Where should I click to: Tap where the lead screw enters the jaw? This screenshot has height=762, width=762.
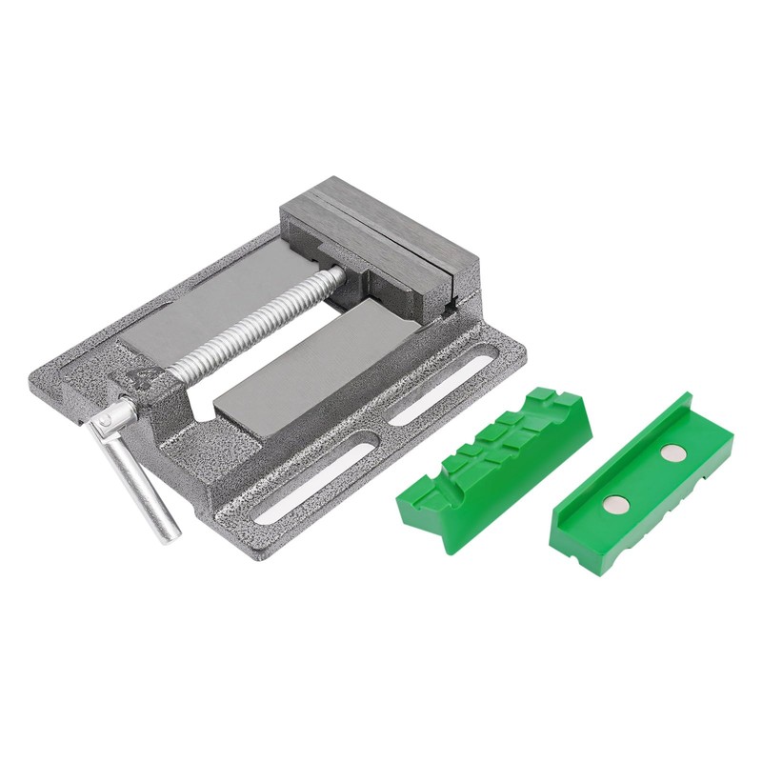pyautogui.click(x=337, y=274)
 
